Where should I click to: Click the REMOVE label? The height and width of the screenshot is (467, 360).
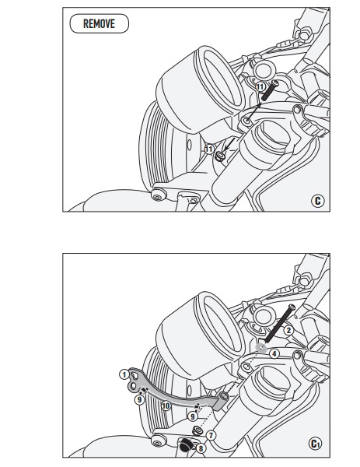[99, 23]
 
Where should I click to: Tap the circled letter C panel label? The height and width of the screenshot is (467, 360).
[318, 201]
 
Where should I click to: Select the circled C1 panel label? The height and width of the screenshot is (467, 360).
[315, 444]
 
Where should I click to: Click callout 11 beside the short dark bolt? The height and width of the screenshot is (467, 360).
[260, 87]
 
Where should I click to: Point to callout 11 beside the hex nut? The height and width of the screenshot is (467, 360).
[209, 149]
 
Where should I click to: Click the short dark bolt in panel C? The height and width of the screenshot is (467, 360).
[270, 90]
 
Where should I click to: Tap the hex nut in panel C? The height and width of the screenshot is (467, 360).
[221, 156]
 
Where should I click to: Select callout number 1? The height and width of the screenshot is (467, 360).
[124, 374]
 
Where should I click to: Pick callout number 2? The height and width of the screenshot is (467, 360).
[288, 330]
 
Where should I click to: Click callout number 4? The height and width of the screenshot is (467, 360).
[274, 354]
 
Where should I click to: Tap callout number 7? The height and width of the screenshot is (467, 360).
[211, 435]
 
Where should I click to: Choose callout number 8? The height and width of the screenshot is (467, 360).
[201, 448]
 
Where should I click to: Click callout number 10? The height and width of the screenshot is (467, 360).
[166, 406]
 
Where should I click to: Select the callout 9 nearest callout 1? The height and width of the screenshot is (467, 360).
[139, 400]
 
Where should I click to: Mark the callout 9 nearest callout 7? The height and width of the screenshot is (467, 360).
[193, 416]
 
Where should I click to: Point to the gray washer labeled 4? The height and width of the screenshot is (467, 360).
[261, 348]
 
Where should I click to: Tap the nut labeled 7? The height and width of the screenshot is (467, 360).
[197, 430]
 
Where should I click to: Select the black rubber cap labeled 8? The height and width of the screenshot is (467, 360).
[185, 445]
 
